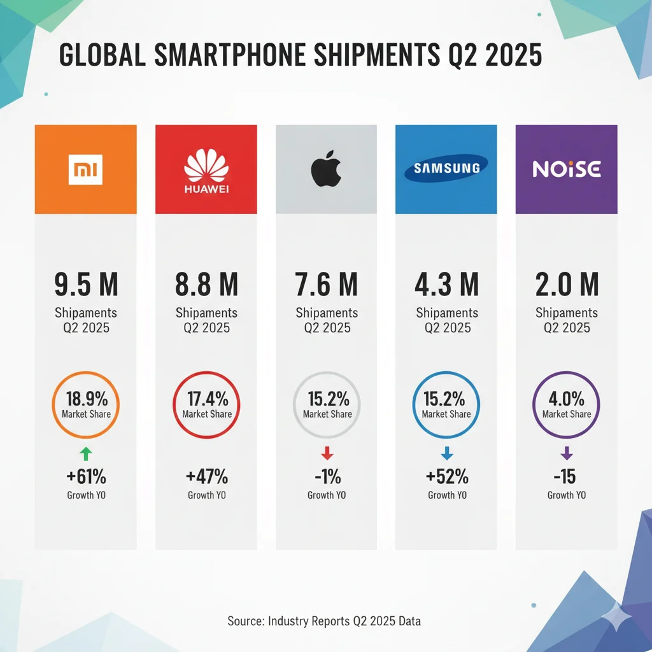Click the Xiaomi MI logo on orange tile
click(x=85, y=169)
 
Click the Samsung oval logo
click(x=446, y=169)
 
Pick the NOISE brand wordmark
click(x=566, y=169)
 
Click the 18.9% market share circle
click(x=85, y=405)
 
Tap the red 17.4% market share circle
click(x=206, y=405)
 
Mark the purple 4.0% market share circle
click(x=567, y=405)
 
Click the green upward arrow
click(x=85, y=453)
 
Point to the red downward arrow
click(x=327, y=453)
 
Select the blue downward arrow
click(x=446, y=453)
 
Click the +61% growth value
click(x=85, y=476)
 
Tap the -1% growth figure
click(x=326, y=476)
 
